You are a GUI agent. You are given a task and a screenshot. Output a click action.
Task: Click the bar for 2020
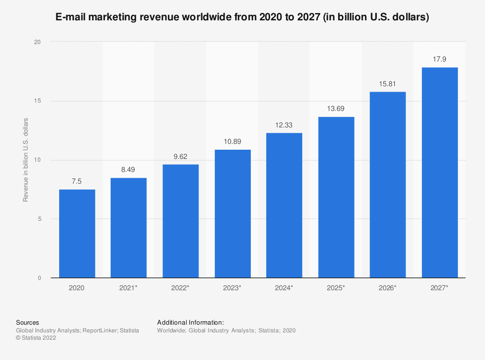(77, 234)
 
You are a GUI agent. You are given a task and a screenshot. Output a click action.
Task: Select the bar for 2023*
(232, 214)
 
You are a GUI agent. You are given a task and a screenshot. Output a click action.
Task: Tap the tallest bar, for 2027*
(439, 172)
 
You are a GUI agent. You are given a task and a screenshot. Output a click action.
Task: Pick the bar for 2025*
(336, 197)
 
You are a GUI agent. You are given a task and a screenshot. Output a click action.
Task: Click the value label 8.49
(129, 170)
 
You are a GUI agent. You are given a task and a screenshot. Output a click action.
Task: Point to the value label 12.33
(284, 125)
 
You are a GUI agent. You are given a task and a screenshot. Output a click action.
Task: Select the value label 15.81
(388, 83)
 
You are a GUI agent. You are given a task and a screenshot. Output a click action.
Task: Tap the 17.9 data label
(439, 59)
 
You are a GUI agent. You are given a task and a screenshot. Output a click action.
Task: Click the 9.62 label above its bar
(180, 156)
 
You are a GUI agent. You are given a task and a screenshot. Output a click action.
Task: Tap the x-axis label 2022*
(180, 288)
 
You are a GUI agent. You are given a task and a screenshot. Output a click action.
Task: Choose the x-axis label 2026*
(388, 288)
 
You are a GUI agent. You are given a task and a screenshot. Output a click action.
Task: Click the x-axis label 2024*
(284, 288)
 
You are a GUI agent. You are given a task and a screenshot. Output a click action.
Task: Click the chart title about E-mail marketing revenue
(242, 17)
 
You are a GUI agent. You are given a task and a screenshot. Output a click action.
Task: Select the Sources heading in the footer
(27, 322)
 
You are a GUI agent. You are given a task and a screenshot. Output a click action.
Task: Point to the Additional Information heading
(191, 322)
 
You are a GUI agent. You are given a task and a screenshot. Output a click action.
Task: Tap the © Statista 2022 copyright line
(36, 338)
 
